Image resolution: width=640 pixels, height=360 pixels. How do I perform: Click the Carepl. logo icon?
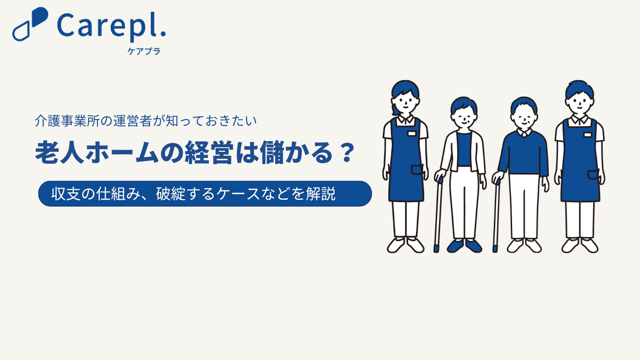pos(30,24)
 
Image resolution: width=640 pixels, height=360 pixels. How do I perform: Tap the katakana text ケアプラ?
pos(144,51)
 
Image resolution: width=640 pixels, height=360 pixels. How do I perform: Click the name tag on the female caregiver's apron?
pos(411,134)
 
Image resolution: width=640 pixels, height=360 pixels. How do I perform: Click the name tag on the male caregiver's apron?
pos(588,135)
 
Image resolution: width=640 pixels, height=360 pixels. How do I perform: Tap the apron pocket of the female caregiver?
pos(417,170)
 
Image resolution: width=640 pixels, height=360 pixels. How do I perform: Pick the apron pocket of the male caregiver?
pos(593,175)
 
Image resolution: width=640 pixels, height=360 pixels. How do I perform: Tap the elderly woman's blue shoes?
pos(464,246)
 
